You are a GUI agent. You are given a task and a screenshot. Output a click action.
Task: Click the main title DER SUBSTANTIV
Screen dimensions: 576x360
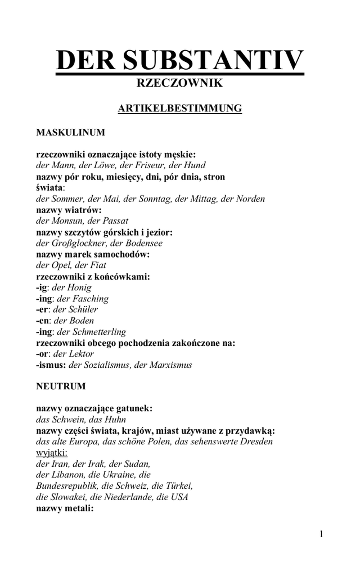click(180, 61)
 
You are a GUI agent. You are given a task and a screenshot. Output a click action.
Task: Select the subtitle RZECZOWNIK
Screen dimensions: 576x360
click(180, 83)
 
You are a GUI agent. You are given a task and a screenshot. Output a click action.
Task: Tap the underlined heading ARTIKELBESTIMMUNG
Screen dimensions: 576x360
click(180, 108)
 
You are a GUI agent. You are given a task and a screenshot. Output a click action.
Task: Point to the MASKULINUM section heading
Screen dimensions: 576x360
click(70, 133)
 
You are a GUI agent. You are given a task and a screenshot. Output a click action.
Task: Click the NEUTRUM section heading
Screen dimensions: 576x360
click(61, 386)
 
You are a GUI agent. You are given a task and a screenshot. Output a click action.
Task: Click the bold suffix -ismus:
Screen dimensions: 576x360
click(51, 365)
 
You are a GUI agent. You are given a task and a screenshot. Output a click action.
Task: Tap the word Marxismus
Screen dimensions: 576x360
click(171, 365)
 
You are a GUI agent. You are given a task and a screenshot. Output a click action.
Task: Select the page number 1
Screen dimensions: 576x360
click(321, 534)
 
